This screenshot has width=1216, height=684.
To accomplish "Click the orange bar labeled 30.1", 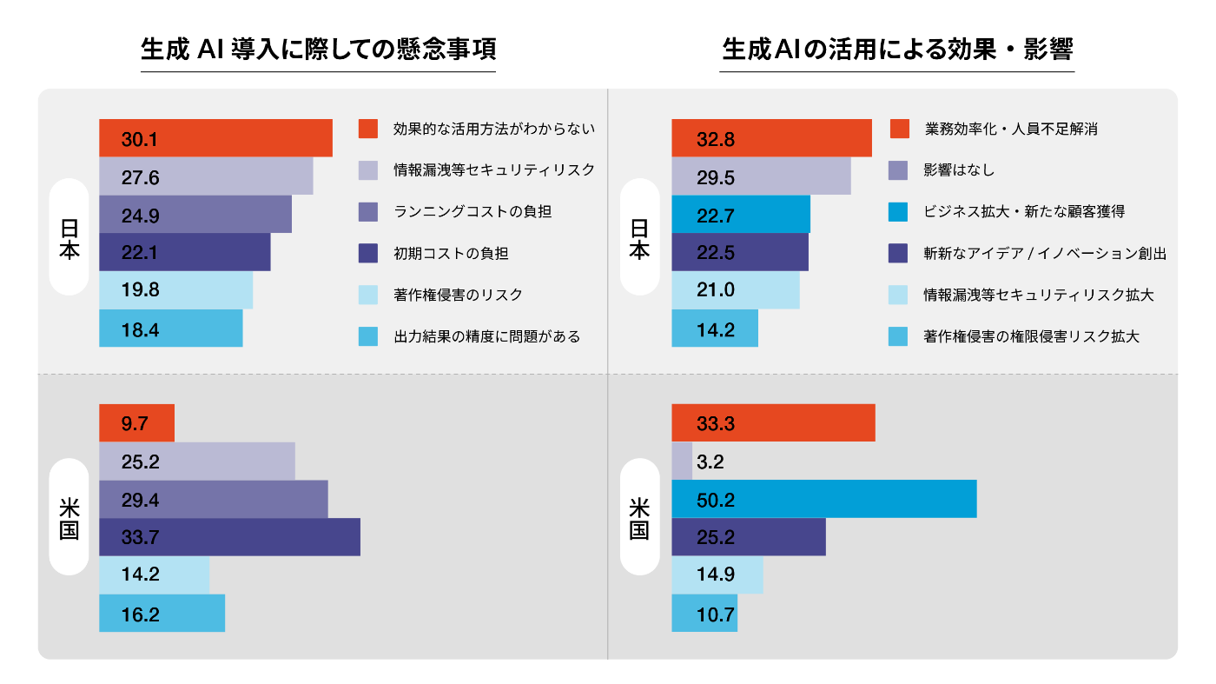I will tap(215, 138).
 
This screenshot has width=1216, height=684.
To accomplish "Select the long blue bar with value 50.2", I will tap(823, 499).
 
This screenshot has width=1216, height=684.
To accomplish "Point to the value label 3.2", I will tap(710, 462).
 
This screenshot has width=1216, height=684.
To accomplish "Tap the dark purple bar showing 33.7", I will tap(229, 537).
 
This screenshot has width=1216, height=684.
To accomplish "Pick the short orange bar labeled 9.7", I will tap(136, 423).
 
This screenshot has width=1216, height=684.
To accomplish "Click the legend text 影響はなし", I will tap(959, 170).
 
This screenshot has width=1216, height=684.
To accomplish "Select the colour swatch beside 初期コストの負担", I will tap(368, 254).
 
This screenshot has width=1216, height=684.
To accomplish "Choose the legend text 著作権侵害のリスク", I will tap(458, 295).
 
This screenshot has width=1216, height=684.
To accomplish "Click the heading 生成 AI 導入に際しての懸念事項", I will tap(318, 49).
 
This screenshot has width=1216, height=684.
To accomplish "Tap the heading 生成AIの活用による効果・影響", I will tap(898, 49).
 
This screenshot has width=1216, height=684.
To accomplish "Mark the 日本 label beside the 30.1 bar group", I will tap(69, 237).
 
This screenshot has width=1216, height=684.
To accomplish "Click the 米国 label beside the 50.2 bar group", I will tap(640, 517).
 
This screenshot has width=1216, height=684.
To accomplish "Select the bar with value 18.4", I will tap(170, 329).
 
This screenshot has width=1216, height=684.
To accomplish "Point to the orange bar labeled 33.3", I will tap(773, 423).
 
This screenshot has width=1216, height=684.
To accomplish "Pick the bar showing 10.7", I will tap(704, 613).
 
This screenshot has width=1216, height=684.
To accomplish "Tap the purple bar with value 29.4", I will tap(213, 499).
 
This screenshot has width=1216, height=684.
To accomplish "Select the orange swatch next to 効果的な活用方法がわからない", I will tap(368, 129).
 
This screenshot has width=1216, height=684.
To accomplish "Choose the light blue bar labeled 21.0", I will tap(736, 290).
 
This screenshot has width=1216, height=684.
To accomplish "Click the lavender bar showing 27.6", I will tap(206, 176).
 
